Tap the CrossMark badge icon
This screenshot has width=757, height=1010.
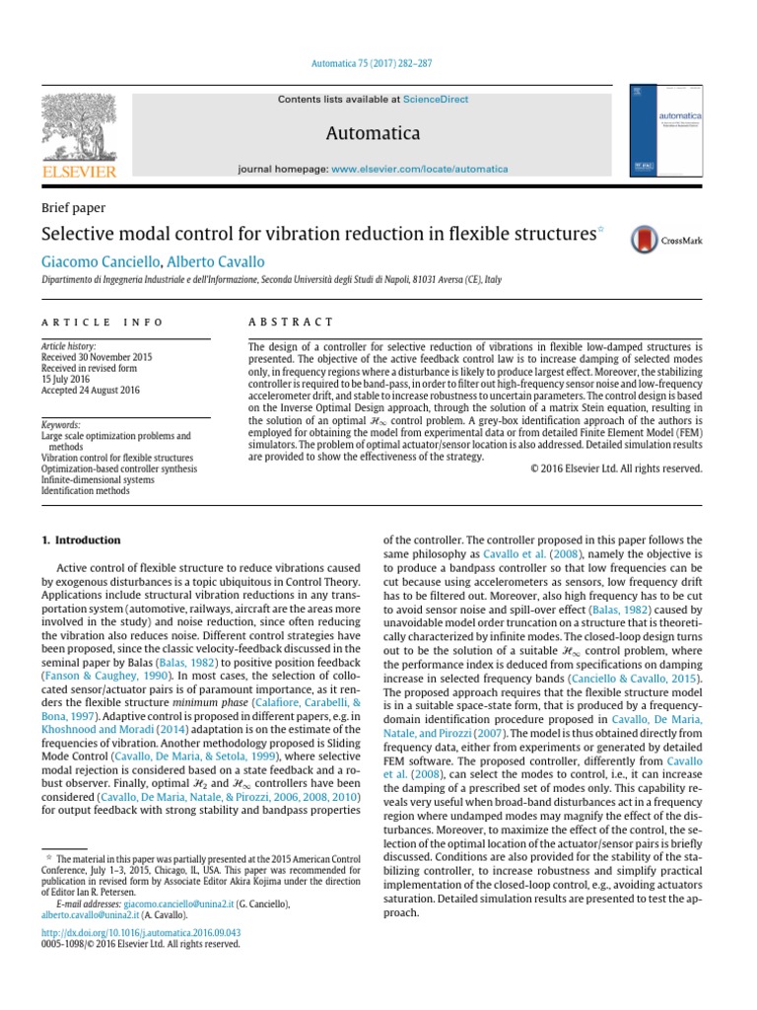click(x=645, y=238)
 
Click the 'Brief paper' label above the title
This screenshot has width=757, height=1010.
click(x=73, y=208)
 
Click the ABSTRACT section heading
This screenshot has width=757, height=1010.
click(x=291, y=323)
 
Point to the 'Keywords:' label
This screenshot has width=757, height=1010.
click(x=61, y=425)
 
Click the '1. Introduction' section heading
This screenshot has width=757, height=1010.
click(x=81, y=541)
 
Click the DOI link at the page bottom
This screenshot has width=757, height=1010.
click(x=141, y=930)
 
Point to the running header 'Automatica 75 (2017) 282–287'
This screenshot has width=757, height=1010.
click(x=378, y=63)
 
